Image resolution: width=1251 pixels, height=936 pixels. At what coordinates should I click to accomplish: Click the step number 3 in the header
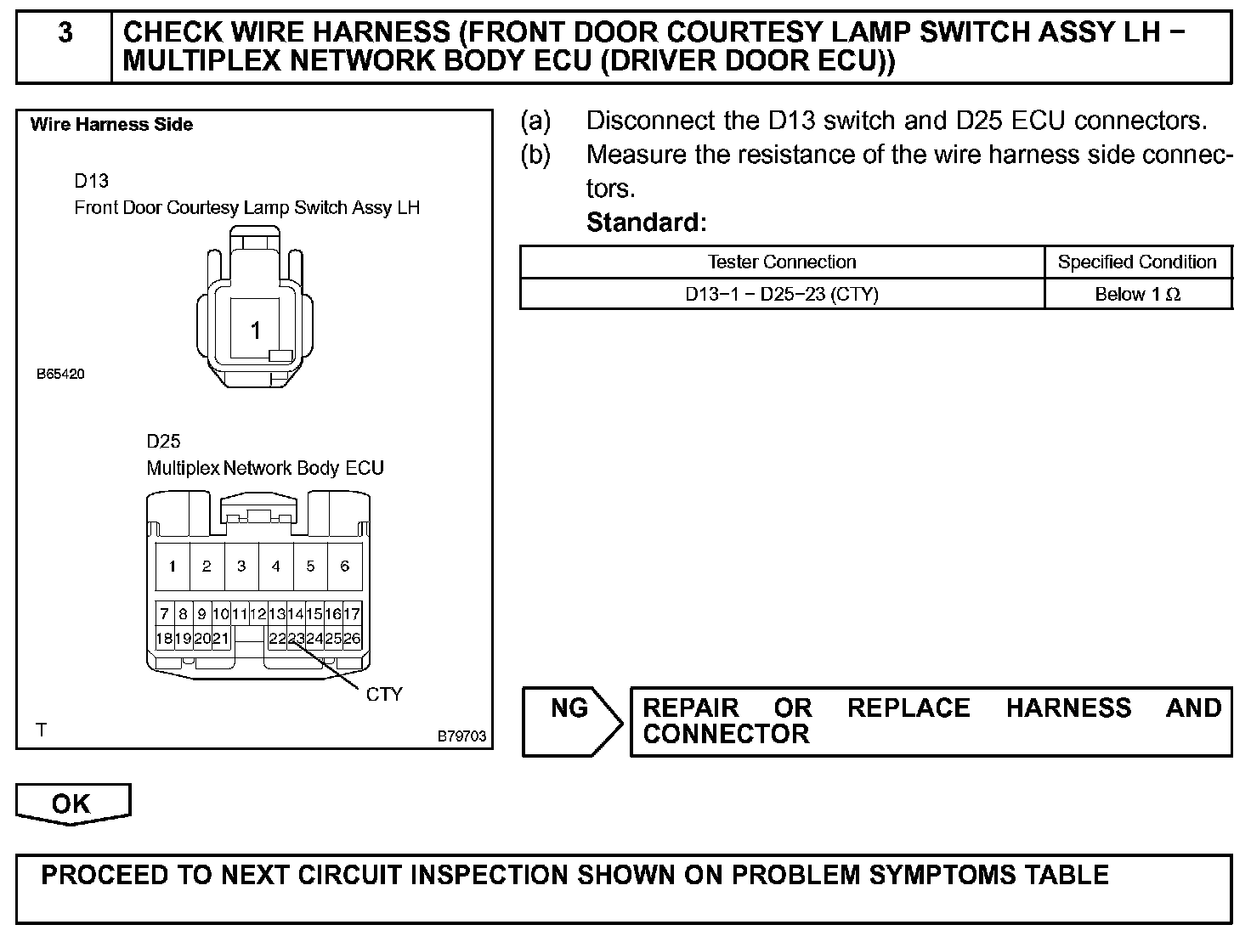(x=65, y=34)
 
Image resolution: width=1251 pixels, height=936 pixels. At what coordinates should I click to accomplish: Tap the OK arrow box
(x=71, y=803)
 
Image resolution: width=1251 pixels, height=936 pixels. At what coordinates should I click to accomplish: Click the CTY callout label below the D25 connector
(x=384, y=694)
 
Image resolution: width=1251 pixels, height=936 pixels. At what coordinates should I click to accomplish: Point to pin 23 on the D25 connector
(x=296, y=639)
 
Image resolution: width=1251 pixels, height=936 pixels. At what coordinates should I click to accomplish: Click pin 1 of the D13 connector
(x=255, y=330)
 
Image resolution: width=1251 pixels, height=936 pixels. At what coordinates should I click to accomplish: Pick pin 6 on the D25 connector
(x=344, y=566)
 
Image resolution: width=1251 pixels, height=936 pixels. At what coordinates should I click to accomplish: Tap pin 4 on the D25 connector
(x=275, y=566)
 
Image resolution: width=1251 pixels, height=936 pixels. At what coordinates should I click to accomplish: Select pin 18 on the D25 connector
(x=164, y=639)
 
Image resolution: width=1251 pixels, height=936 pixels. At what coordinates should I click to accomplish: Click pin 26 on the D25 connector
(x=352, y=639)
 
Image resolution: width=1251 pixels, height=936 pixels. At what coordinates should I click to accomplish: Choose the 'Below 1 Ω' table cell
(x=1137, y=295)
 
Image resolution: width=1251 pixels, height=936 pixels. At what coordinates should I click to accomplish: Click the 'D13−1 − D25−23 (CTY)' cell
(x=782, y=295)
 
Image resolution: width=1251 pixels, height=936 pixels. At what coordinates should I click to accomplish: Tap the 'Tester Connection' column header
(x=782, y=262)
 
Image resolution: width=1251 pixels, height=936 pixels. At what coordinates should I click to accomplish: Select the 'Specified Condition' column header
(x=1137, y=262)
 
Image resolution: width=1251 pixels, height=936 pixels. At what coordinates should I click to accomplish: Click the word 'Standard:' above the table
(x=646, y=223)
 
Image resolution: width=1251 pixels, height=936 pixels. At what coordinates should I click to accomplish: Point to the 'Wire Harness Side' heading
(x=111, y=125)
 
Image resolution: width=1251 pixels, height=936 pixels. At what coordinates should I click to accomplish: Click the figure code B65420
(x=60, y=374)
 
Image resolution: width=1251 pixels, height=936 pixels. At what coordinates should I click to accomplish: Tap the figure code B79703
(x=462, y=736)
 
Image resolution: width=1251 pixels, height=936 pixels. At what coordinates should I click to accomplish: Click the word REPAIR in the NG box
(x=690, y=708)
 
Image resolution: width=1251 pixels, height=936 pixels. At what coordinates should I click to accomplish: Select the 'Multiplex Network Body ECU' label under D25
(x=265, y=468)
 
